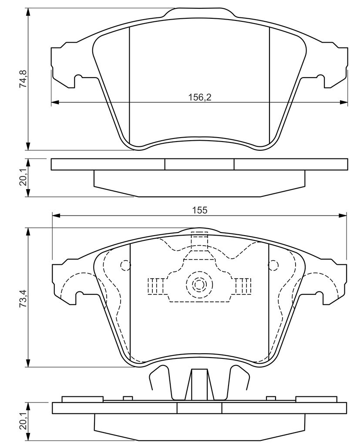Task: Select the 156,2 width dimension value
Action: click(x=200, y=98)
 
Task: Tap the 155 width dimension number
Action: click(x=200, y=210)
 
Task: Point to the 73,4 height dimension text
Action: click(x=24, y=297)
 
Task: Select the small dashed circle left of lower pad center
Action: click(x=126, y=265)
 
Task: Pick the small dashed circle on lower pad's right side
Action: click(x=273, y=265)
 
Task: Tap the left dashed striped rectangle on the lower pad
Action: click(x=155, y=286)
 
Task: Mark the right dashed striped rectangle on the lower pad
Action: click(x=243, y=286)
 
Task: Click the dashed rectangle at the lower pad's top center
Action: click(x=199, y=240)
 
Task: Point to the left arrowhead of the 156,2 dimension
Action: click(x=55, y=102)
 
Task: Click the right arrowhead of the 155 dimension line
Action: click(x=343, y=215)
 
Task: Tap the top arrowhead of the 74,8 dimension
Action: click(x=27, y=12)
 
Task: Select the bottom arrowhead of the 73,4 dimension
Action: click(x=27, y=363)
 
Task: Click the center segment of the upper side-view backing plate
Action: click(x=199, y=164)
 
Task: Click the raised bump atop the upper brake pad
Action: click(x=199, y=13)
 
